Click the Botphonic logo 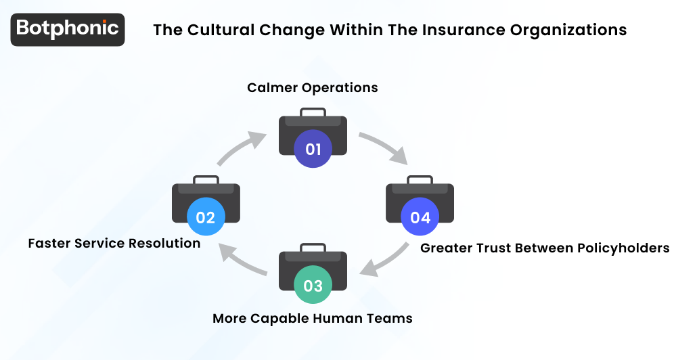coord(68,29)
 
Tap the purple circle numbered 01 coord(313,149)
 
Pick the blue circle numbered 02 coord(206,217)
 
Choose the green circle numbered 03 coord(313,285)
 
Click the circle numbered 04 coord(420,217)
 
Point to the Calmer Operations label coord(313,88)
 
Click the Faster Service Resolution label coord(114,243)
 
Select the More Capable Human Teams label coord(313,318)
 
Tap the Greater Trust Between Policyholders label coord(545,248)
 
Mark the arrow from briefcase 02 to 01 coord(242,147)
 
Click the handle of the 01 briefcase coord(313,110)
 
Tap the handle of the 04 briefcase coord(420,179)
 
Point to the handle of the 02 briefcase coord(206,179)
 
